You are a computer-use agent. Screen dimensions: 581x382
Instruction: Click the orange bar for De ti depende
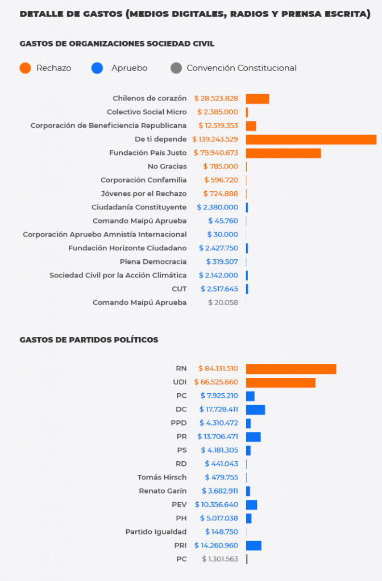[311, 140]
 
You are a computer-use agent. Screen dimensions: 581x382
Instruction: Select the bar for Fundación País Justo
[283, 153]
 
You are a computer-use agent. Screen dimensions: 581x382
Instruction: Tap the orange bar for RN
[291, 369]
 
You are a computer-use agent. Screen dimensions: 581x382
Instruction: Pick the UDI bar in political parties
[280, 382]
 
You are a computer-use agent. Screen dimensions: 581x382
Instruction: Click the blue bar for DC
[255, 410]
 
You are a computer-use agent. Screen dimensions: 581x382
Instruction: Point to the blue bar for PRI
[254, 546]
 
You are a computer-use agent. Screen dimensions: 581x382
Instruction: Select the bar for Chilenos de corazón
[258, 99]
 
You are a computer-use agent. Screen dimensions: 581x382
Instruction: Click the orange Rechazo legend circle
[25, 68]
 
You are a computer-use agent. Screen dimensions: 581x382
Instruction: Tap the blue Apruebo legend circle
[97, 68]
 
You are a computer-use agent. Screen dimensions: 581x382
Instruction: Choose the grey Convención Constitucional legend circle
[176, 68]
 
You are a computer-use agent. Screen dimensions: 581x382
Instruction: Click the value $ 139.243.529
[215, 140]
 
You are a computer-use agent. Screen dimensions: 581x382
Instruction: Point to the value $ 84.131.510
[218, 369]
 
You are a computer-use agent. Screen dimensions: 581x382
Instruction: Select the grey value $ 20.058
[223, 303]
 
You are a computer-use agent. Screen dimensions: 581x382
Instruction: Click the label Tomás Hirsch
[161, 478]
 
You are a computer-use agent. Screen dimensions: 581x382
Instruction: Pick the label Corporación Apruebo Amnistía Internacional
[105, 235]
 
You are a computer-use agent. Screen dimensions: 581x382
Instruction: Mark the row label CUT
[179, 289]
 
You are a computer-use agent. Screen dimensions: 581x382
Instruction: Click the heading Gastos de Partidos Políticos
[89, 340]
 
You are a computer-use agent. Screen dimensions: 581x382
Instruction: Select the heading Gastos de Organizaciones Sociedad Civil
[117, 44]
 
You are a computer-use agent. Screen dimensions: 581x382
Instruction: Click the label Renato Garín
[163, 491]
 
